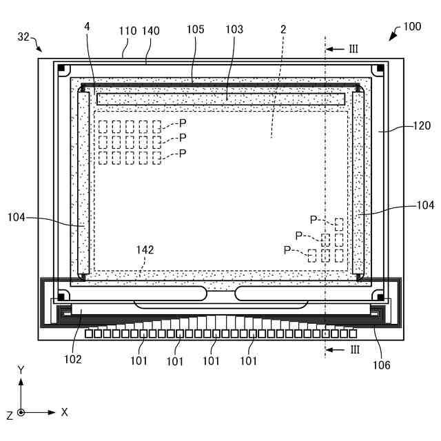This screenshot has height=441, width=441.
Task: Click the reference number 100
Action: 412,27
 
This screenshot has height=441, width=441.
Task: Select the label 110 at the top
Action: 128,31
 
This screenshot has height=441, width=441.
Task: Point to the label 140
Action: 151,31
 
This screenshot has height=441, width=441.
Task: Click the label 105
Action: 196,30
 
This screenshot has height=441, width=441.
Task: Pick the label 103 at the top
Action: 234,30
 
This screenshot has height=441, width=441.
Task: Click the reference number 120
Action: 422,125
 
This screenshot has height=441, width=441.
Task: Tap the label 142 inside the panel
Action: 145,250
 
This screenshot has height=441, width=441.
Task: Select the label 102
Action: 73,359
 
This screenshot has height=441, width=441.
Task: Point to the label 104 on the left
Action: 17,218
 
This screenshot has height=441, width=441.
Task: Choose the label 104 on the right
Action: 425,205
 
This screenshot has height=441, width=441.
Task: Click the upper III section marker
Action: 355,49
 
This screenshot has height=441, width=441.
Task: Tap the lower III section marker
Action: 355,349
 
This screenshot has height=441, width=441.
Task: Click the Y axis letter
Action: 21,370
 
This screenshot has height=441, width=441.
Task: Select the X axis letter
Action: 64,412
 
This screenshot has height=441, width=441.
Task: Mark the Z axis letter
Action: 9,415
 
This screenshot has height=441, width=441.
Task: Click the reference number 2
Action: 283,30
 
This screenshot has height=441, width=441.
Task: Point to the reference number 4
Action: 88,26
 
